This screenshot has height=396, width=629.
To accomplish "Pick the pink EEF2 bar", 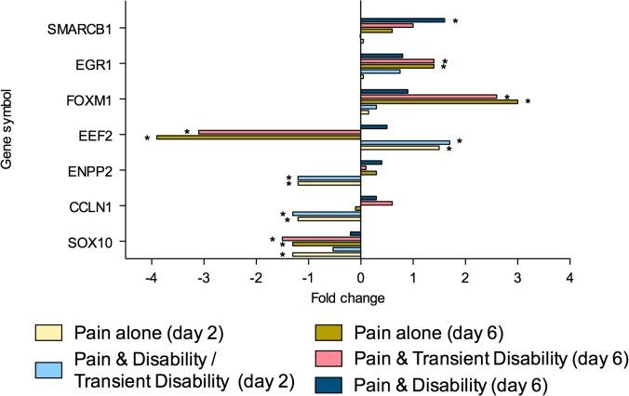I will [x=279, y=131].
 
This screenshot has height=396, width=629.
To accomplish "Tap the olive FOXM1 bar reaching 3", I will [x=438, y=101].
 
